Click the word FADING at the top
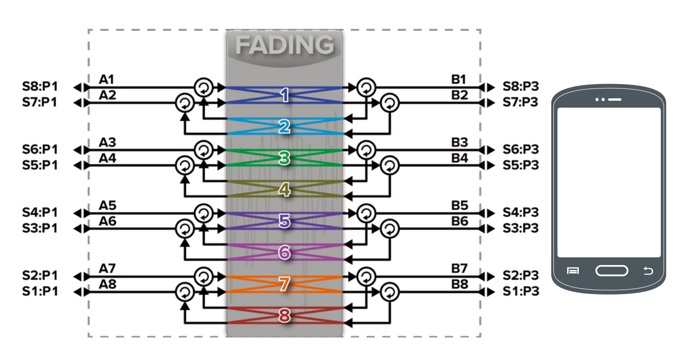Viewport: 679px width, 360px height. pos(284,45)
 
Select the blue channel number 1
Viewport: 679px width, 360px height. pos(284,95)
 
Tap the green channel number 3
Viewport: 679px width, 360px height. pos(284,158)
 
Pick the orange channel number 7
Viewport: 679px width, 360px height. pos(284,284)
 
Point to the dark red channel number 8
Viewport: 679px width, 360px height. pos(284,315)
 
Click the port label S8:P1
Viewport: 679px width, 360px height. pos(40,88)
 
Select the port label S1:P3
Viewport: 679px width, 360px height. pos(521,292)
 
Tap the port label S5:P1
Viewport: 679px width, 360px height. pos(40,165)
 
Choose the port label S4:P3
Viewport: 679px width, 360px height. pos(521,213)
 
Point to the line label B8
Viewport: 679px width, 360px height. pos(459,284)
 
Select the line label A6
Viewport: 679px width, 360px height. pos(107,221)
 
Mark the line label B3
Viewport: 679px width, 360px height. pos(459,142)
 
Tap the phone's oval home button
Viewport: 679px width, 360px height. pos(611,270)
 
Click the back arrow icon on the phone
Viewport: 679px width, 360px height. pos(648,270)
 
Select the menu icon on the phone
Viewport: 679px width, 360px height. pos(573,270)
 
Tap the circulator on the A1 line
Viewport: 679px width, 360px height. pos(204,88)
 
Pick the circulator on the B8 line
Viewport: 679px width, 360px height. pos(389,292)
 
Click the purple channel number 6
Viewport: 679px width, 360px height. pos(284,252)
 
